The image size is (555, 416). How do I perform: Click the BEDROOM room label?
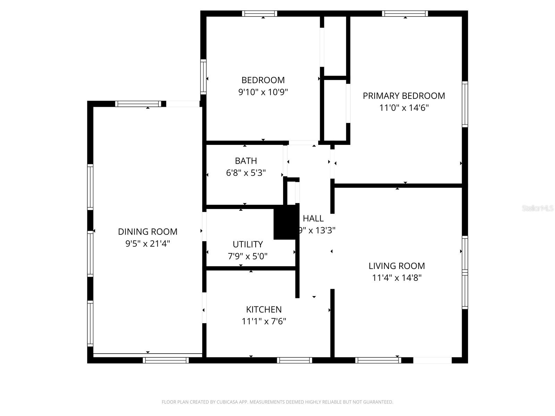tap(263, 80)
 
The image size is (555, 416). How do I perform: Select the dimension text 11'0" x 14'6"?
tap(404, 108)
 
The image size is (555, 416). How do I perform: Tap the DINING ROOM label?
tap(147, 232)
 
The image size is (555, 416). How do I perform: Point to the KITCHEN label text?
tap(264, 309)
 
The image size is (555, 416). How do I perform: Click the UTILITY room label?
tap(248, 244)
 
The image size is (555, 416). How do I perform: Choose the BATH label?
tap(246, 161)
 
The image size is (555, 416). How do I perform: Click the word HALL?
tap(313, 218)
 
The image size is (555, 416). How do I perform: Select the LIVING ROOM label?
tap(396, 266)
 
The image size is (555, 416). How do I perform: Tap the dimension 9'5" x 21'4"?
tap(147, 244)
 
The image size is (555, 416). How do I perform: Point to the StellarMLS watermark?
tap(537, 208)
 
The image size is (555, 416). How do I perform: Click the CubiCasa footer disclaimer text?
tap(277, 402)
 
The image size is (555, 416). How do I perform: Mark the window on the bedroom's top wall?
tap(259, 14)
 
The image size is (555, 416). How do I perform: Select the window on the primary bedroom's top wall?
tap(405, 14)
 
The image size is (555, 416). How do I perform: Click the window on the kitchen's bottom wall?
tap(294, 360)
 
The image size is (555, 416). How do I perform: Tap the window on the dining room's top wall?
tap(138, 104)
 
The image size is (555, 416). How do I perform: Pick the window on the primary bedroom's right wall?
tap(465, 104)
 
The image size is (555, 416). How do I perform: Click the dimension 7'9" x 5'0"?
tap(248, 257)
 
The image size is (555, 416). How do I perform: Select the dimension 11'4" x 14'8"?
tap(396, 278)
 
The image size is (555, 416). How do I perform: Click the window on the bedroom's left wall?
tap(203, 77)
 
